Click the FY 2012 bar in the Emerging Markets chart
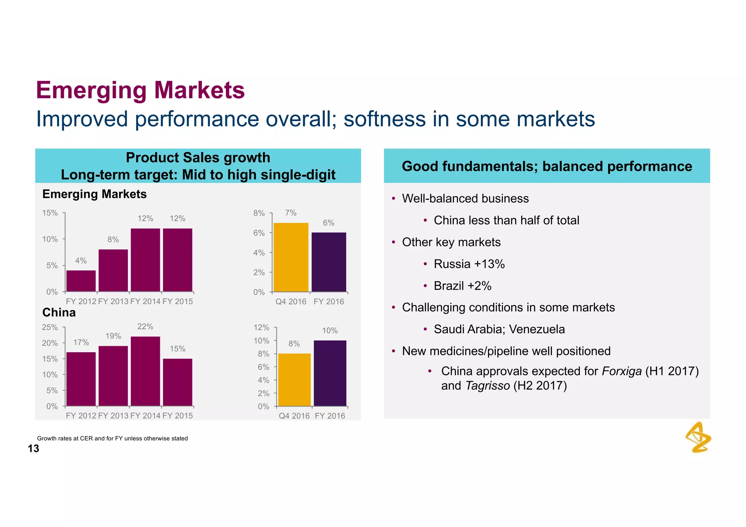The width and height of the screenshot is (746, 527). [81, 281]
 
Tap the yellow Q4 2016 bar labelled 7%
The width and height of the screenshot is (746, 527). [291, 257]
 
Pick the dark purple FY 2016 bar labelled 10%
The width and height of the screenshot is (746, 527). [330, 373]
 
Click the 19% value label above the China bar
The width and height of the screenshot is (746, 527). [113, 336]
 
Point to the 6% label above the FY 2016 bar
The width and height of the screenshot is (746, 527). [329, 223]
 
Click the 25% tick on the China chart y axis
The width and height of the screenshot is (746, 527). [50, 327]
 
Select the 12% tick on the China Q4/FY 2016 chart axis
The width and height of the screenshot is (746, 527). [261, 327]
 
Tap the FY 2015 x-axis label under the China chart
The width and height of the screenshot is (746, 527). [178, 416]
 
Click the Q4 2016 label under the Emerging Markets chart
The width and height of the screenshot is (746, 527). [291, 302]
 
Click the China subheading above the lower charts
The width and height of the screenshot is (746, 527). [59, 312]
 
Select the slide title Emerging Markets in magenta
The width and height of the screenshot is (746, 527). [140, 90]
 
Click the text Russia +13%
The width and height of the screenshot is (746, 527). [469, 264]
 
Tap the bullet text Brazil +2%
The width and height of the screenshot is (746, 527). [463, 286]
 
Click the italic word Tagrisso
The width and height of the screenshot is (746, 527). [487, 386]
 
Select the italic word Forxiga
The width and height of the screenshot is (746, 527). [621, 371]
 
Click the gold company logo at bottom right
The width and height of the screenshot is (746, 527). [698, 437]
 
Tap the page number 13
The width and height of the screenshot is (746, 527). [34, 449]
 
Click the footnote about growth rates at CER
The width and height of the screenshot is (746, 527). [112, 438]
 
